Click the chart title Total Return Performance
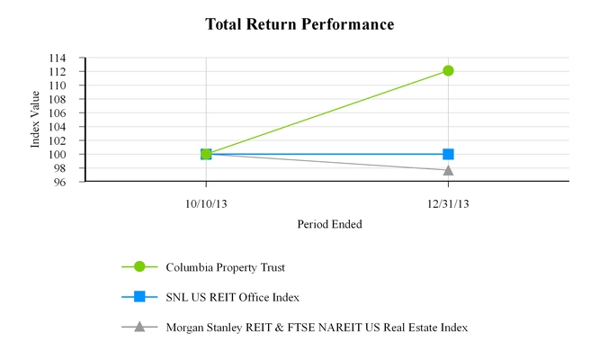point(299,24)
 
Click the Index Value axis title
point(37,120)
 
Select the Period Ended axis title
point(329,224)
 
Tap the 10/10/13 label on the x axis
point(206,204)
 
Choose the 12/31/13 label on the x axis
point(448,204)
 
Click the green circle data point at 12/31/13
point(448,70)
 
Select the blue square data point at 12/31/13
point(448,154)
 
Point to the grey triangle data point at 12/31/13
point(448,169)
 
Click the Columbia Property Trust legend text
point(232,266)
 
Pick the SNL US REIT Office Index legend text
point(233,297)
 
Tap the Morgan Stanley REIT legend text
point(317,327)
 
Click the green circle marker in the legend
point(139,266)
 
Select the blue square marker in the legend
point(139,297)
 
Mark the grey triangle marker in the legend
point(139,326)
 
